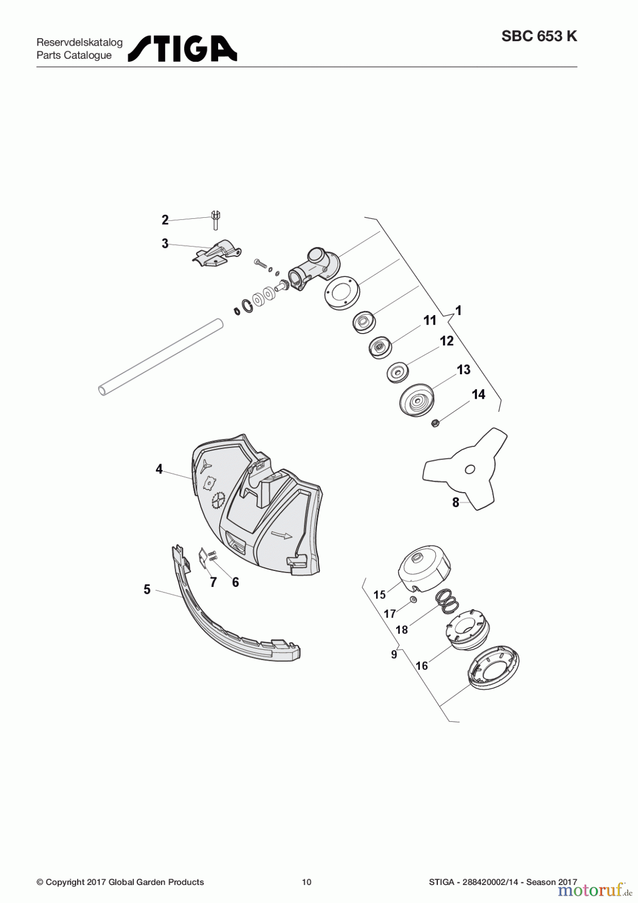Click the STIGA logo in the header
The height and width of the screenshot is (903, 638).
183,48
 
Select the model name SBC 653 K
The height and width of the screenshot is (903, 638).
539,37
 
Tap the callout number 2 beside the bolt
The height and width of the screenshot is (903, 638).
165,220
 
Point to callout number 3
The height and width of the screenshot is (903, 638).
165,244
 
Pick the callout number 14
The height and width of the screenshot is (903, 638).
479,394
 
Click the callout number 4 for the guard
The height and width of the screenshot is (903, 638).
159,469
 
